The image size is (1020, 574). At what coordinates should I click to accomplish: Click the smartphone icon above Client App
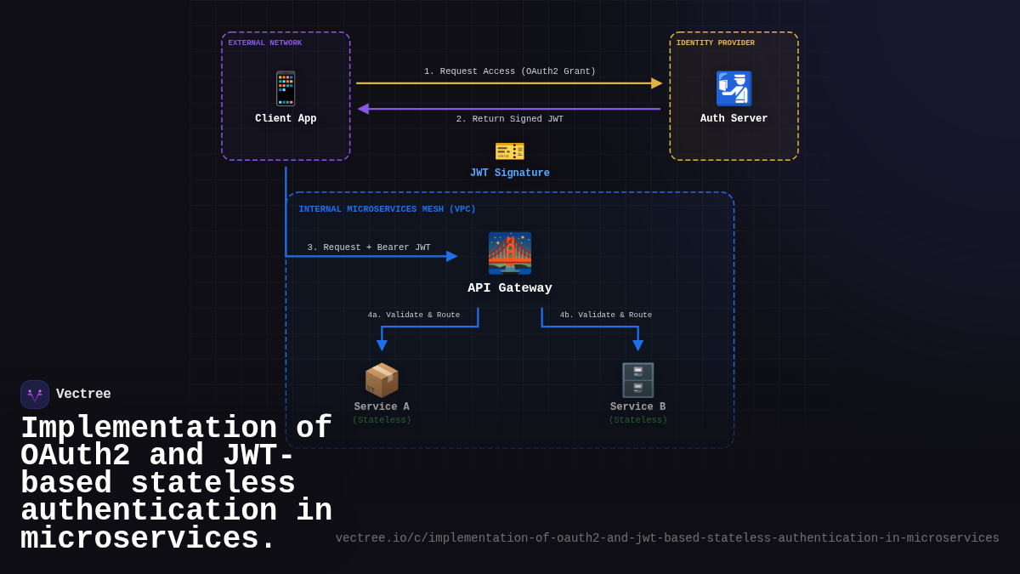[x=286, y=88]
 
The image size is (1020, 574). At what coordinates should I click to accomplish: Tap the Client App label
[x=286, y=119]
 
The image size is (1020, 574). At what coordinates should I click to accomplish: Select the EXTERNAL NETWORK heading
[x=264, y=43]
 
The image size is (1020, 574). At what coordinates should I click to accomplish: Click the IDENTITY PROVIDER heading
[x=715, y=43]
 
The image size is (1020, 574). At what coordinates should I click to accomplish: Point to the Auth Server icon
[x=734, y=88]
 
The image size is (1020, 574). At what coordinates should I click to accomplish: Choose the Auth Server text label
[x=734, y=119]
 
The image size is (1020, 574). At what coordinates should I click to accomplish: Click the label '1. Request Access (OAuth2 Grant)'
[x=510, y=71]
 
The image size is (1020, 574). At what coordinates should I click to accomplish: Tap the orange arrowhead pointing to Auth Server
[x=656, y=83]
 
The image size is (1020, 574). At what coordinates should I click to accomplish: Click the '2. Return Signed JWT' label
[x=509, y=119]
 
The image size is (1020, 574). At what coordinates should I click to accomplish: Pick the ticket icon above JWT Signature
[x=510, y=151]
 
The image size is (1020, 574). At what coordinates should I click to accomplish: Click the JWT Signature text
[x=510, y=173]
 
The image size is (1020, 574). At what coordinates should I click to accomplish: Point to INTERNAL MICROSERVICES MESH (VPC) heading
[x=387, y=209]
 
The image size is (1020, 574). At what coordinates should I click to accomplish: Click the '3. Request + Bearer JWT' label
[x=369, y=247]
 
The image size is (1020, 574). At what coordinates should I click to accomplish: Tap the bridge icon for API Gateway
[x=510, y=253]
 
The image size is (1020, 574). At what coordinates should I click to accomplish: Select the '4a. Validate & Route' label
[x=414, y=315]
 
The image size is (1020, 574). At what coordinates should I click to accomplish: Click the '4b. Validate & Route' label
[x=606, y=315]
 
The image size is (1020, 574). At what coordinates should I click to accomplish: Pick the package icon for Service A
[x=382, y=380]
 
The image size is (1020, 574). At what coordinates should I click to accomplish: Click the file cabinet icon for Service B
[x=637, y=380]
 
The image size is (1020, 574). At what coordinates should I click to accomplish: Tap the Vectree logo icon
[x=35, y=395]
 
